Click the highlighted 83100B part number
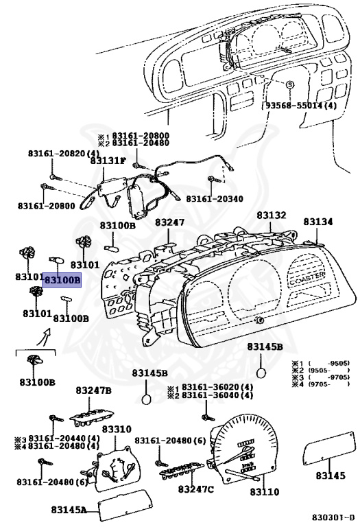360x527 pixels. click(62, 280)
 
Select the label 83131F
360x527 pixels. click(108, 161)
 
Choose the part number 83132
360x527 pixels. click(272, 215)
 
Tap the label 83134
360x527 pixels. click(318, 222)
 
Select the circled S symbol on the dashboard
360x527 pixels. click(289, 84)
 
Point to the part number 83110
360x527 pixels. click(264, 492)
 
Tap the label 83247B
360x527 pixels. click(93, 390)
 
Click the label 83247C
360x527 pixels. click(195, 489)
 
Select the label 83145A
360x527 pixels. click(69, 510)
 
